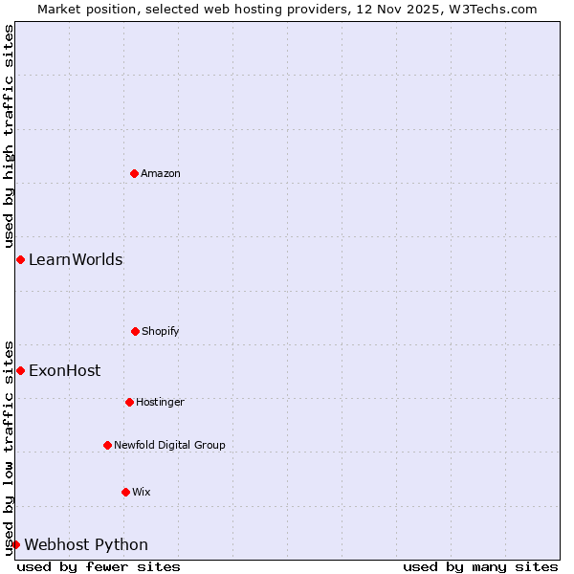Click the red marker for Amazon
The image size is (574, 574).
coord(134,173)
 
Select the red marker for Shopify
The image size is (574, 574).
coord(135,331)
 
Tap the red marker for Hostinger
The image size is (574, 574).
coord(129,402)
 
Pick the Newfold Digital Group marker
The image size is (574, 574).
coord(107,445)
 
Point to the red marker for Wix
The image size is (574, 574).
coord(125,492)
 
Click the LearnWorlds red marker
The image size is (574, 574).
coord(20,259)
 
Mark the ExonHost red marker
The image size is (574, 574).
coord(20,370)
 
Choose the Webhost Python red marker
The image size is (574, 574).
coord(15,544)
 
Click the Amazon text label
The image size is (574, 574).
coord(161,173)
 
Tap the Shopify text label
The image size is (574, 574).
coord(161,331)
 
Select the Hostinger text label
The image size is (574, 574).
coord(160,402)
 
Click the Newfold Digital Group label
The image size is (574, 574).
coord(169,445)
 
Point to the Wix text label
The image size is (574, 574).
coord(142,492)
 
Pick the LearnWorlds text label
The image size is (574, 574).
coord(76,259)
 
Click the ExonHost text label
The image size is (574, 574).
coord(64,370)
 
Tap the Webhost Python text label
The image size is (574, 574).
coord(86,544)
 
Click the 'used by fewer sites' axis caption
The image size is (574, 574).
coord(99,566)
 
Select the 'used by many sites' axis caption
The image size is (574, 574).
coord(480,566)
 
